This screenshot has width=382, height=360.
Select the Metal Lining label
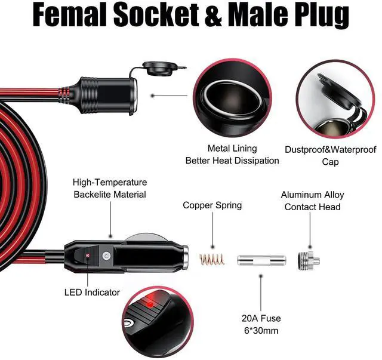point(232,148)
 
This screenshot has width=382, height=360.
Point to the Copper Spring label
point(212,205)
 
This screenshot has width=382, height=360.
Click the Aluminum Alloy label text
point(313,195)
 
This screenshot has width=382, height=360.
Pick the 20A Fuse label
point(260,318)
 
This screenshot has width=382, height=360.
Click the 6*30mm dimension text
point(260,331)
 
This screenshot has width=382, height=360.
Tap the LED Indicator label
point(92,293)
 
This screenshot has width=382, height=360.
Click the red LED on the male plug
point(88,256)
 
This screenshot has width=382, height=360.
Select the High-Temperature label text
point(110,182)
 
